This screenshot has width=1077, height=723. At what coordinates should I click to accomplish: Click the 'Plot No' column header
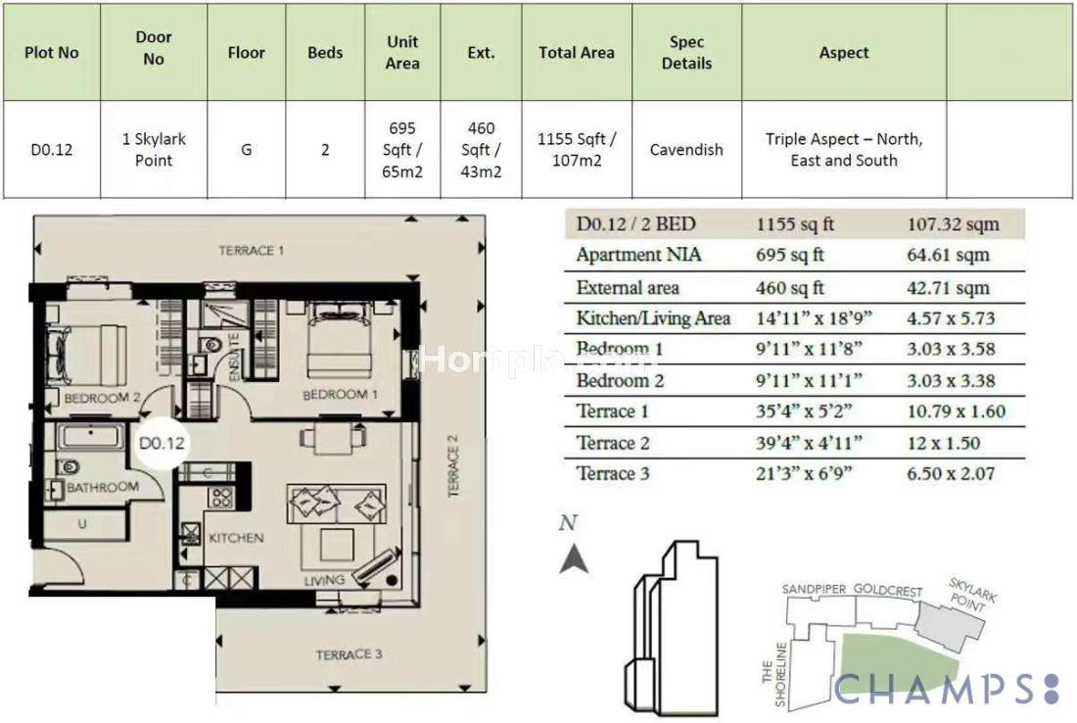tap(52, 52)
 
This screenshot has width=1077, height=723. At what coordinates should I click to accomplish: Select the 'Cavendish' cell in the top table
tap(686, 149)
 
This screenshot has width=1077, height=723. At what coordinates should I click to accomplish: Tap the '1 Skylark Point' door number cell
tap(154, 149)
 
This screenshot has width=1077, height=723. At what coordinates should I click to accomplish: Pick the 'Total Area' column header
tap(577, 52)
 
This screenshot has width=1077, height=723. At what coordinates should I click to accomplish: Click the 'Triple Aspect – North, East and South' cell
tap(843, 149)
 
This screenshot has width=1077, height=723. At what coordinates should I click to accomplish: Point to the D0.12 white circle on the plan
tap(162, 443)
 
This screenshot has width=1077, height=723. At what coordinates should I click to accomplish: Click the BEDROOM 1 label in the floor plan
tap(340, 395)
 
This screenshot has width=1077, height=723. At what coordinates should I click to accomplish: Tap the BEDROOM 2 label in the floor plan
tap(103, 398)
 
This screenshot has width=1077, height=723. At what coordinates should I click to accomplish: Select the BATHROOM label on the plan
tap(103, 487)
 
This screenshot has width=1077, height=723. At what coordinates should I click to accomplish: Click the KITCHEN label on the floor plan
tap(236, 538)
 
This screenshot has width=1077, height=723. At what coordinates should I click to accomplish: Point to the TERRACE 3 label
tap(349, 654)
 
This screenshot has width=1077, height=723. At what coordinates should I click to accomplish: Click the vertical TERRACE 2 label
tap(452, 466)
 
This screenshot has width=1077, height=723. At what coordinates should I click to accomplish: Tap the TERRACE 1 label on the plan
tap(251, 250)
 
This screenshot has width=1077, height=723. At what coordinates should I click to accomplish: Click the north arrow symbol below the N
tap(574, 558)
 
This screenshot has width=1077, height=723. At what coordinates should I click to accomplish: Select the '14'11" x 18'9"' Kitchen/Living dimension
tap(814, 318)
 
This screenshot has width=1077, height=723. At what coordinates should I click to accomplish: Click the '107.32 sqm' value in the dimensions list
tap(953, 224)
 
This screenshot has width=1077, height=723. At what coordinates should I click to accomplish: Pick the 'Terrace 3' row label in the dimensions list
tap(613, 473)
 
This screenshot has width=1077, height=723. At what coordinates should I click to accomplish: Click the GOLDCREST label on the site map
tap(887, 591)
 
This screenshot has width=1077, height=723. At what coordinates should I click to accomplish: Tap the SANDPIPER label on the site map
tap(814, 590)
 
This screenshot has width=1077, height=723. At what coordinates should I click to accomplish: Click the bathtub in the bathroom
tap(91, 436)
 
